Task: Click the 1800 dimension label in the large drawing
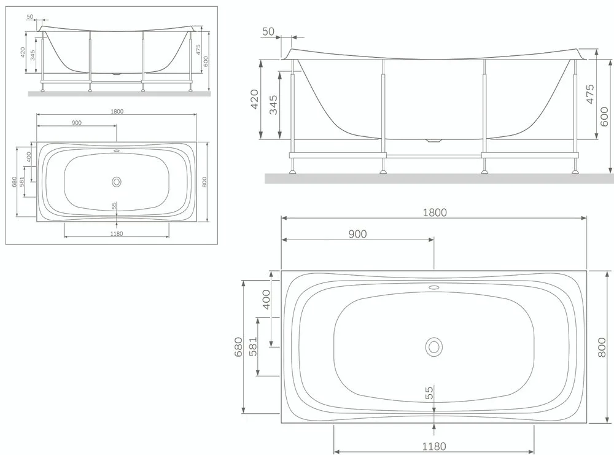pos(435,212)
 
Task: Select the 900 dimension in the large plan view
pos(357,234)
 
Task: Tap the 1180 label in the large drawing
pos(434,446)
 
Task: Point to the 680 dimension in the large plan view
pos(238,347)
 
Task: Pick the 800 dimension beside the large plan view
pos(602,347)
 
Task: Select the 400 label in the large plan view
pos(266,300)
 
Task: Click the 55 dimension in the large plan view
pos(430,393)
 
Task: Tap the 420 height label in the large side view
pos(254,99)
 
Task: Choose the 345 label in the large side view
pos(273,104)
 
